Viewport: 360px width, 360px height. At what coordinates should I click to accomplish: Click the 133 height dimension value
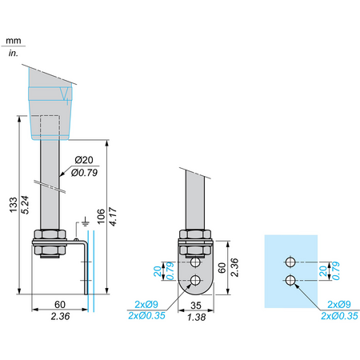[x=14, y=205]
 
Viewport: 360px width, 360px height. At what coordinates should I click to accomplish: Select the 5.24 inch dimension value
[x=25, y=205]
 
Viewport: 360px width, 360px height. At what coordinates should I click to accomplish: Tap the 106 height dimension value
[x=101, y=216]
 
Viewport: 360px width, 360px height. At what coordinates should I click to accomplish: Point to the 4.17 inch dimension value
[x=113, y=216]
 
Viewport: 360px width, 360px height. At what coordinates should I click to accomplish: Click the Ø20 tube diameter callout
[x=84, y=160]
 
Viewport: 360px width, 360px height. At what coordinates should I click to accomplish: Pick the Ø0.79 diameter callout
[x=84, y=173]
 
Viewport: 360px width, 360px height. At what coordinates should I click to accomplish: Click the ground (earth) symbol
[x=85, y=222]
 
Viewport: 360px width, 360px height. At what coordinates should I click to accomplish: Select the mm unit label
[x=14, y=41]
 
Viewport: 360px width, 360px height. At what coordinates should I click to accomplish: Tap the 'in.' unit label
[x=14, y=53]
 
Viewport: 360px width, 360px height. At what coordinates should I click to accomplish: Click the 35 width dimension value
[x=196, y=305]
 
